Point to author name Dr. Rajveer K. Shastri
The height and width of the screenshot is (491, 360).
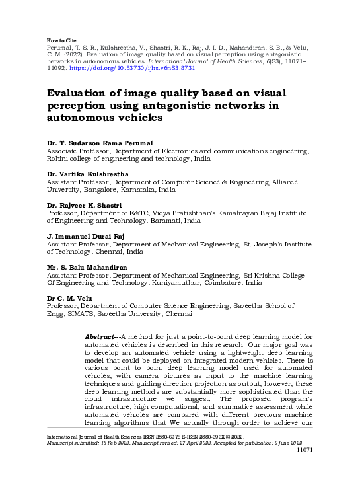click(84, 205)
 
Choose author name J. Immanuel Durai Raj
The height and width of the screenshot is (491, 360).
click(86, 236)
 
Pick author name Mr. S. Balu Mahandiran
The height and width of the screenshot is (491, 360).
click(89, 267)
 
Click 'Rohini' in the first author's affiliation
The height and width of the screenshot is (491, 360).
click(58, 159)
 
